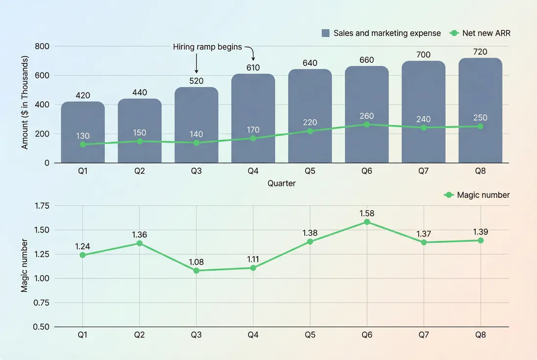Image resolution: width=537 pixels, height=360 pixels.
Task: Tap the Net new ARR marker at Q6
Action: (367, 124)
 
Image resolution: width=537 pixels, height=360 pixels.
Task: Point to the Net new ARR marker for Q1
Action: (83, 144)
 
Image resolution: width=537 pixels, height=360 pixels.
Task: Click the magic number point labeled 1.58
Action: (367, 222)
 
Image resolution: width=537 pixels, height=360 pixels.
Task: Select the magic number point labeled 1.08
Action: (196, 270)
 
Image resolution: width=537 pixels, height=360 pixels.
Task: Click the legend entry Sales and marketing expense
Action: (381, 33)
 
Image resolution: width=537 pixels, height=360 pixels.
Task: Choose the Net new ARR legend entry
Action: (480, 33)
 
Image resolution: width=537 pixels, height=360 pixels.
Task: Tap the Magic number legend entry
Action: (477, 195)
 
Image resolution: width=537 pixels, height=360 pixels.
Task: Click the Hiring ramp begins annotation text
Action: (207, 47)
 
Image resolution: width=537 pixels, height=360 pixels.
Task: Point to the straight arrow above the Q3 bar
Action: (196, 64)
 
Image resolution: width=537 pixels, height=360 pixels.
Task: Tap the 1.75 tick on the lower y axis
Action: (41, 206)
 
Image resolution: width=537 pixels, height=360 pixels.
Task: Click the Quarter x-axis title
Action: (281, 183)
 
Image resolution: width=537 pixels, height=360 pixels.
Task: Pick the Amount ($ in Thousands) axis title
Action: (25, 102)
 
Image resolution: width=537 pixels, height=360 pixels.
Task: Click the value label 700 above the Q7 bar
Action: (423, 54)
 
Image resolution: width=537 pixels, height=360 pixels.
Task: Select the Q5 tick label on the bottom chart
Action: (310, 335)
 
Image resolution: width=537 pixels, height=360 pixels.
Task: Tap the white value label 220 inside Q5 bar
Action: (310, 122)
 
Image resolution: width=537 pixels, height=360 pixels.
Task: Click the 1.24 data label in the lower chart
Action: (83, 246)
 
